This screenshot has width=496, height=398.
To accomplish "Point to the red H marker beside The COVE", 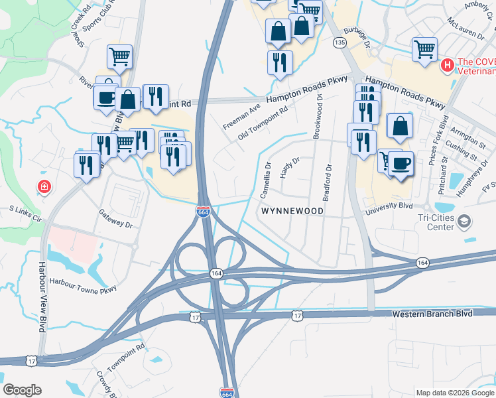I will tap(448, 64).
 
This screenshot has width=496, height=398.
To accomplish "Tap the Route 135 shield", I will tap(340, 42).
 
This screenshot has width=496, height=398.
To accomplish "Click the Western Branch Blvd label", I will tap(432, 314).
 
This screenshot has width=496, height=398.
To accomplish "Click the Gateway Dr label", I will tap(116, 218).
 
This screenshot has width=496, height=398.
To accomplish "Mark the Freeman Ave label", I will tap(242, 116).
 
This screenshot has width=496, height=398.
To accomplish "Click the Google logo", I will tap(22, 389).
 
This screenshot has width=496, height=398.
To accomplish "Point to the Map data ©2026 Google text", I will tap(455, 393).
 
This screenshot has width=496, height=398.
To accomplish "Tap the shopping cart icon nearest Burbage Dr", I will tap(424, 48).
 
